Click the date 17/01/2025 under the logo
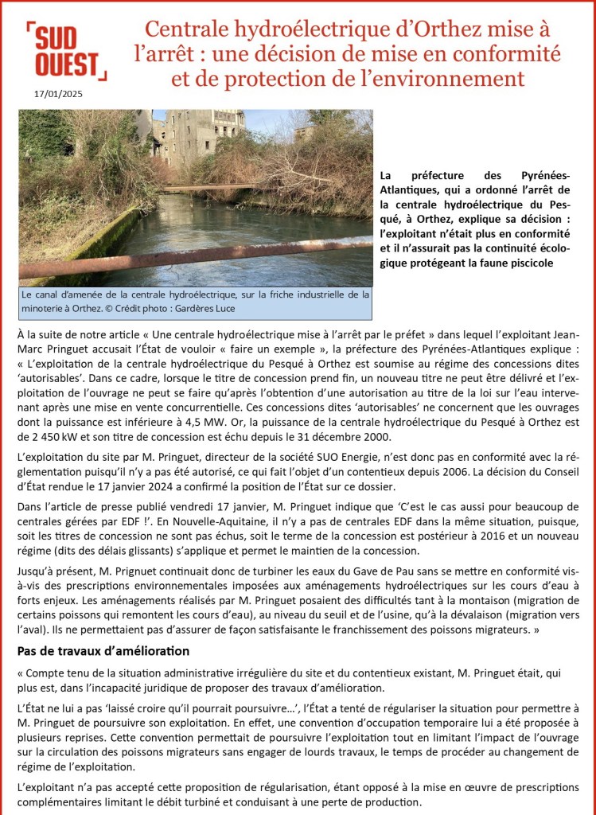[58, 93]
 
